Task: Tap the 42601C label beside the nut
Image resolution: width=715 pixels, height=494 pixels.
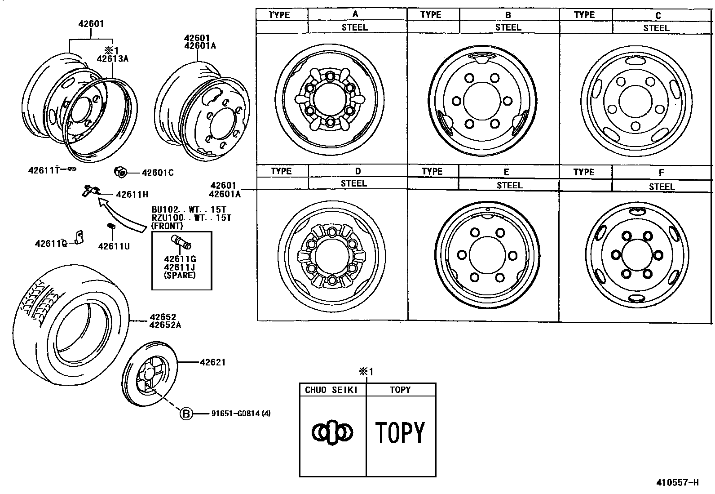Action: point(157,173)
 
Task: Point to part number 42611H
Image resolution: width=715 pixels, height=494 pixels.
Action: point(132,195)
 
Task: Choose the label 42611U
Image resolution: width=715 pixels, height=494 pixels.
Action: point(114,246)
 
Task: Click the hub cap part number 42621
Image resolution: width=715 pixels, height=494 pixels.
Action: point(212,362)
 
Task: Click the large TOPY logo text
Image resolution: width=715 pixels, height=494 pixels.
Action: point(400,432)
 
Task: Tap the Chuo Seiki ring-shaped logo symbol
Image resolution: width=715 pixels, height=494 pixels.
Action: point(332,432)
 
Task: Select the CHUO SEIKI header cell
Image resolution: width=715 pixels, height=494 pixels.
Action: point(332,390)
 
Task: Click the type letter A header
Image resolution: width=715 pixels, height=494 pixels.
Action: point(355,14)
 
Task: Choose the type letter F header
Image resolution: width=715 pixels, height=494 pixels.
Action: point(661,173)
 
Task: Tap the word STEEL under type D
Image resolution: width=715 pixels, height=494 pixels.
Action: point(354,183)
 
